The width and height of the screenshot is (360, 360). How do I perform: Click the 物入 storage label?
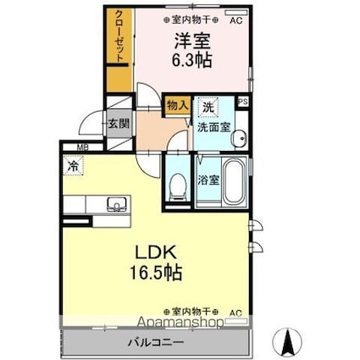176,106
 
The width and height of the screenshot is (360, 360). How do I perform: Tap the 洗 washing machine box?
207,108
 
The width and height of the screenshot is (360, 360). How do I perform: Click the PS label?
244,102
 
